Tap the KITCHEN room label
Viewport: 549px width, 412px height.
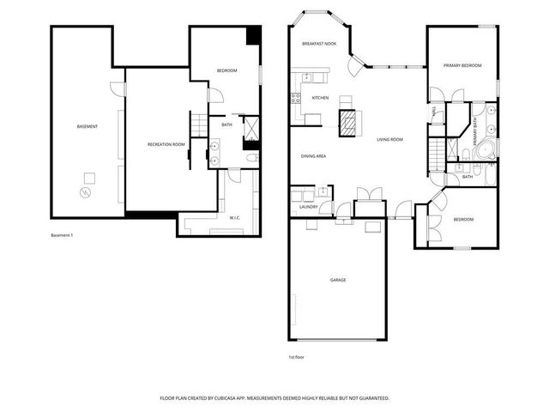pyautogui.click(x=320, y=98)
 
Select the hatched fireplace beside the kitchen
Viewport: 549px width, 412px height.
pyautogui.click(x=348, y=123)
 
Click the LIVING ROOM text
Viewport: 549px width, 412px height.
pyautogui.click(x=389, y=139)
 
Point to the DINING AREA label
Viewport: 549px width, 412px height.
pyautogui.click(x=312, y=156)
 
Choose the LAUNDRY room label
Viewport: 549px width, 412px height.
pyautogui.click(x=309, y=207)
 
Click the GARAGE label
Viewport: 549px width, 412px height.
pyautogui.click(x=338, y=280)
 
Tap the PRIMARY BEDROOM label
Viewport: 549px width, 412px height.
pyautogui.click(x=462, y=65)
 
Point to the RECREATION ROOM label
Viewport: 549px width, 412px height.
pyautogui.click(x=166, y=144)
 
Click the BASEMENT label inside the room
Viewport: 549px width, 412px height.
pyautogui.click(x=87, y=127)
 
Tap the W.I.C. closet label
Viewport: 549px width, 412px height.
pyautogui.click(x=234, y=217)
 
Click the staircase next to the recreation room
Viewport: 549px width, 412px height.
pyautogui.click(x=199, y=125)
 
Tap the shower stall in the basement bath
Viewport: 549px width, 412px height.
pyautogui.click(x=252, y=128)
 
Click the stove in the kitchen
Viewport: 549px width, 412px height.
pyautogui.click(x=296, y=98)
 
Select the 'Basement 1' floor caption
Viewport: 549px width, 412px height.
pyautogui.click(x=62, y=235)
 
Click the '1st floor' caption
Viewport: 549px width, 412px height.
pyautogui.click(x=296, y=356)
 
